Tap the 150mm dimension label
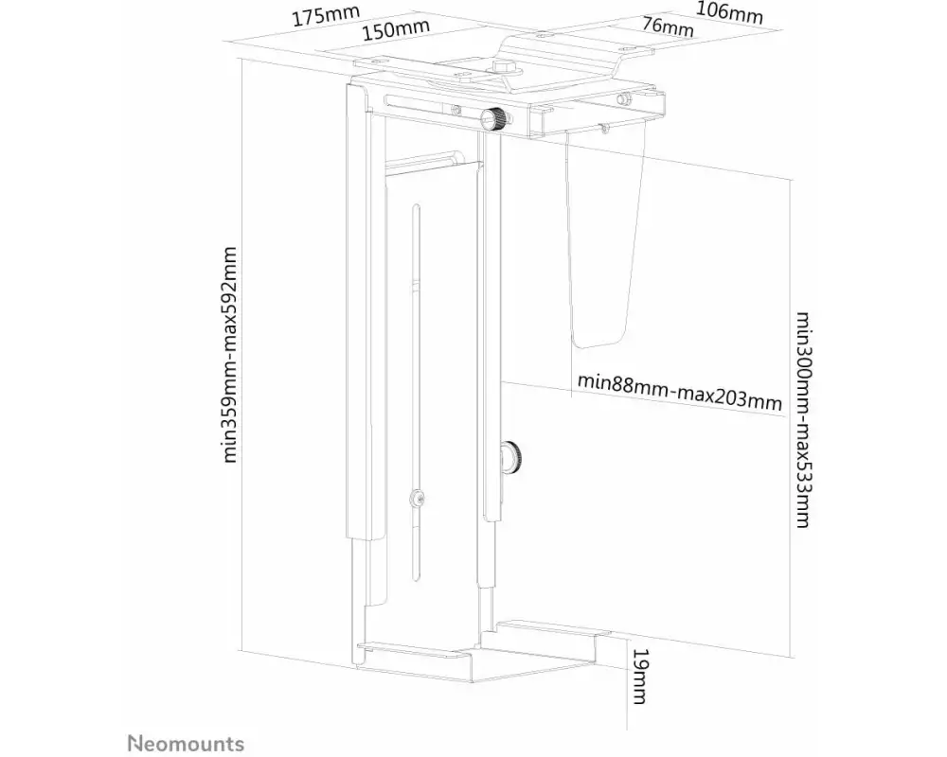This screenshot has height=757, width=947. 396,30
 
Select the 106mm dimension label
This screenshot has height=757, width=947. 729,12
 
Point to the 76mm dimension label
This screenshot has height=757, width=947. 668,26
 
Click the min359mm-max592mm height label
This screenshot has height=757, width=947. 229,355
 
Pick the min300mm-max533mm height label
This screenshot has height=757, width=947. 803,420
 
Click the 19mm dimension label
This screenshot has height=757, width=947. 639,677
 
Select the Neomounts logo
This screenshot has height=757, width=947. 186,743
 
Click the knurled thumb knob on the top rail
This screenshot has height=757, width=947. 494,117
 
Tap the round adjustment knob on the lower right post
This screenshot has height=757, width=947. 510,457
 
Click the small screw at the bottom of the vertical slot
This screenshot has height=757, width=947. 416,499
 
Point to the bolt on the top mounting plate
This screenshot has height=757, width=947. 503,66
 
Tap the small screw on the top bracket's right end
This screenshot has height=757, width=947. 621,99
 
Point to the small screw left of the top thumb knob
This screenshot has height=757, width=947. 456,110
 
